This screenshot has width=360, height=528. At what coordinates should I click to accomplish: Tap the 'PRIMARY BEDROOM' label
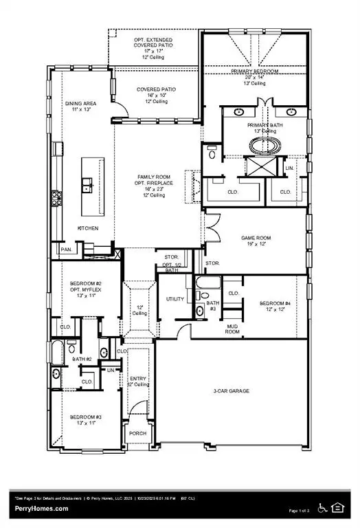(x=254, y=71)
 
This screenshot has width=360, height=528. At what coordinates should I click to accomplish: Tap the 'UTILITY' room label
(x=175, y=299)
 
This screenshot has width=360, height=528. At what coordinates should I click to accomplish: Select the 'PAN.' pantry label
(x=67, y=250)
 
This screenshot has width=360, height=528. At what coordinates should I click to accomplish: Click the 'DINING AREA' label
(x=82, y=104)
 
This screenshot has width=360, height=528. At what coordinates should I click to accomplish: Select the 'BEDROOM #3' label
(x=87, y=417)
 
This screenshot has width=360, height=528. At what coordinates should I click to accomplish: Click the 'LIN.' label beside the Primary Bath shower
(x=289, y=167)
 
